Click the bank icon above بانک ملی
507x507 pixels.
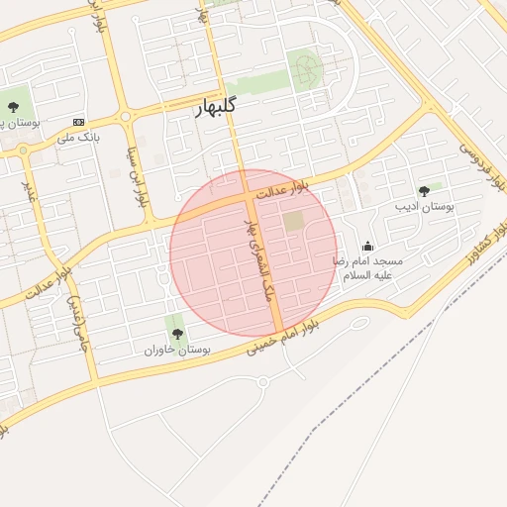pyautogui.click(x=79, y=121)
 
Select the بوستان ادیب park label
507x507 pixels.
pyautogui.click(x=424, y=207)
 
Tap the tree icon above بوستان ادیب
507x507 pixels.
pyautogui.click(x=424, y=191)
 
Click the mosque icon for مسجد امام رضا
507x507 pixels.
pyautogui.click(x=368, y=247)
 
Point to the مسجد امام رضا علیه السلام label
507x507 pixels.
pyautogui.click(x=368, y=268)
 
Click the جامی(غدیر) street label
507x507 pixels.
pyautogui.click(x=76, y=325)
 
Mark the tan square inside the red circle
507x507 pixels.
pyautogui.click(x=294, y=222)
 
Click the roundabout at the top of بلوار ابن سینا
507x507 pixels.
pyautogui.click(x=126, y=117)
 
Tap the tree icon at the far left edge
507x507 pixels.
pyautogui.click(x=14, y=106)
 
